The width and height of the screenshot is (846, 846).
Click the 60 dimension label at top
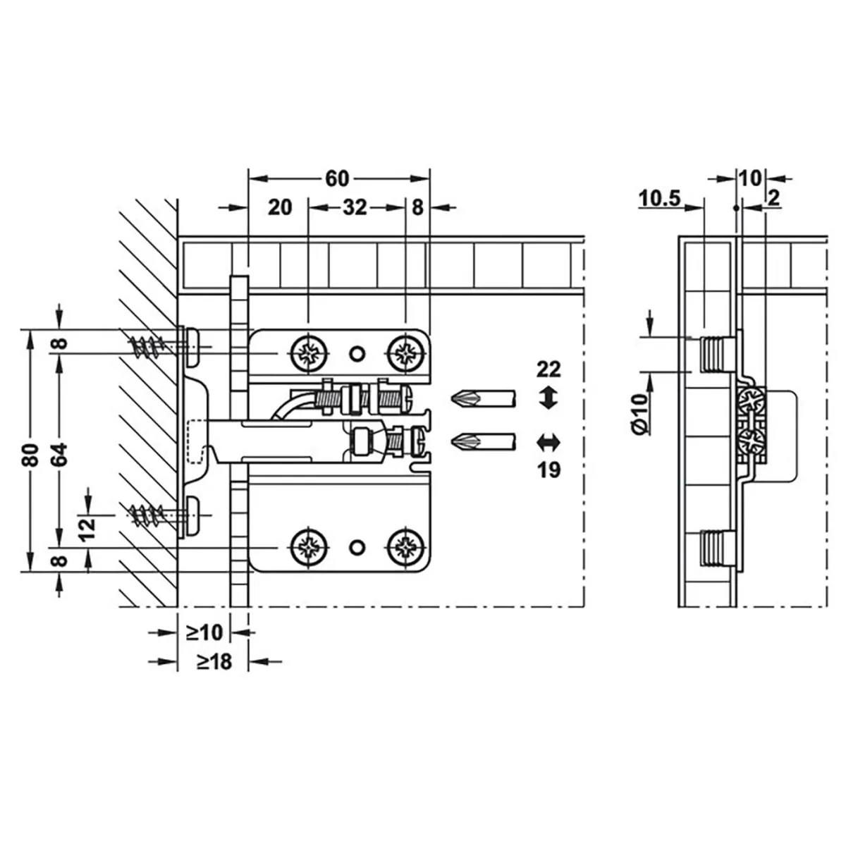coord(337,178)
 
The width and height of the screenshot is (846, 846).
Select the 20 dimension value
coord(280,207)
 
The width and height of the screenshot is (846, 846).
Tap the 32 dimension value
coord(355,207)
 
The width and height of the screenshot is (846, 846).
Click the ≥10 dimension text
coord(204,632)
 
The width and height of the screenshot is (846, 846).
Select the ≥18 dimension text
coord(214,661)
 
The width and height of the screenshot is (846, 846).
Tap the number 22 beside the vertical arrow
coord(548,369)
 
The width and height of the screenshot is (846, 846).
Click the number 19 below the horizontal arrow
coord(548,470)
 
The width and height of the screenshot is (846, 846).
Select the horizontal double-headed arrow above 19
coord(548,443)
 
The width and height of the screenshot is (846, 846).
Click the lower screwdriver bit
coord(483,443)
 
